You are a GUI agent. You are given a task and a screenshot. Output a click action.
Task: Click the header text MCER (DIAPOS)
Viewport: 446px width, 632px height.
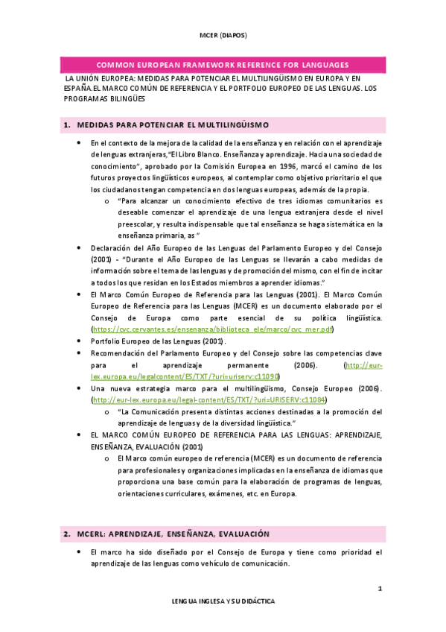[223, 35]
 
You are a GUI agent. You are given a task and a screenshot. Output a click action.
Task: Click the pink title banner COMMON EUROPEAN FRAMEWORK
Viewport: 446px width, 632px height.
[223, 65]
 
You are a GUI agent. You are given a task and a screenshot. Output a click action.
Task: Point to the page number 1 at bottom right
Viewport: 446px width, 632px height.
[380, 589]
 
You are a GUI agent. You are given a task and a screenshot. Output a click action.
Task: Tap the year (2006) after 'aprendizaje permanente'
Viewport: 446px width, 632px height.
[303, 365]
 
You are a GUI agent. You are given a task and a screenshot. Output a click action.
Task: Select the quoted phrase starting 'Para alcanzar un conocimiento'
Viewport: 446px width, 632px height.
[186, 200]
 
